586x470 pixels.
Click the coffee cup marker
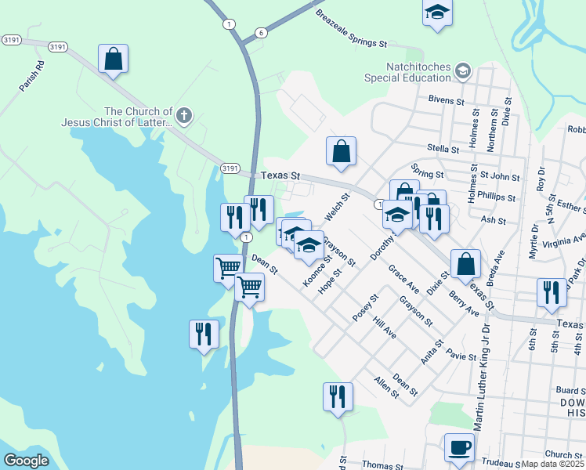click(x=459, y=448)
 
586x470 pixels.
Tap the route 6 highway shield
click(x=260, y=32)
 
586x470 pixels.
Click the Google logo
click(x=26, y=461)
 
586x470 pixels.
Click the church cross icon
click(x=184, y=117)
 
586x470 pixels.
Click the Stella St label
click(x=443, y=149)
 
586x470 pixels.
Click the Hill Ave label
click(x=385, y=327)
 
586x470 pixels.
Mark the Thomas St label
click(x=382, y=465)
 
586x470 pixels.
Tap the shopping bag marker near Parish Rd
click(x=114, y=59)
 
